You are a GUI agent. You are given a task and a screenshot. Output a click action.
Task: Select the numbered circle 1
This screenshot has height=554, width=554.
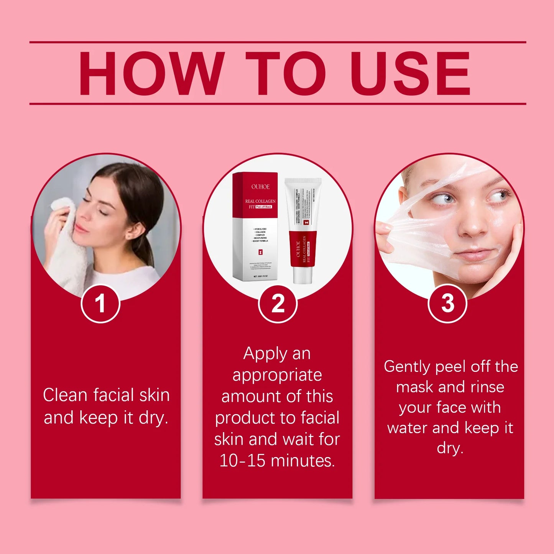coord(100,304)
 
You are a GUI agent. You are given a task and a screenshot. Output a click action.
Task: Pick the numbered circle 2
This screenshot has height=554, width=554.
coord(278,304)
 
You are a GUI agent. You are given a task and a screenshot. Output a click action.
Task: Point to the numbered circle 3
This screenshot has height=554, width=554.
coord(447,304)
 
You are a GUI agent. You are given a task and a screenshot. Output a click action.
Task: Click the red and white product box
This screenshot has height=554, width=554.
coord(255,226)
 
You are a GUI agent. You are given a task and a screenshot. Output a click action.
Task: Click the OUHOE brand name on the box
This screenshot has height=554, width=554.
coord(260,187)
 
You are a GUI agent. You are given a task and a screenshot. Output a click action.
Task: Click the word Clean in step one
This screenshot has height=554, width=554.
coord(65,395)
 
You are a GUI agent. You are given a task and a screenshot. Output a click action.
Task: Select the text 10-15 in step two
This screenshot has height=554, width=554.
coord(243,460)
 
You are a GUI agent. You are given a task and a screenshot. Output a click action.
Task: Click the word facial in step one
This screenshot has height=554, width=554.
coord(113,395)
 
